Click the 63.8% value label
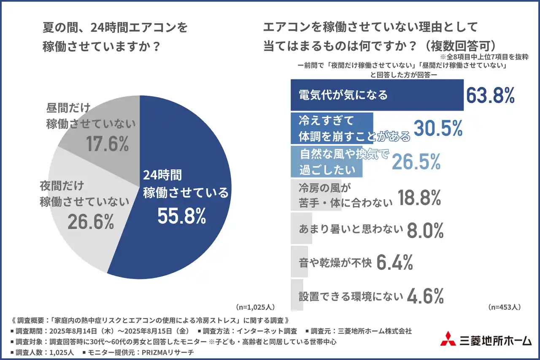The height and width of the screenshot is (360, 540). [490, 95]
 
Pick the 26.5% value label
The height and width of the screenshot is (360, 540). [416, 161]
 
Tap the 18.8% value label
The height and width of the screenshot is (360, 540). [419, 198]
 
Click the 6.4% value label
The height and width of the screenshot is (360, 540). [394, 263]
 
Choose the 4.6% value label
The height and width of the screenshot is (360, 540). [425, 296]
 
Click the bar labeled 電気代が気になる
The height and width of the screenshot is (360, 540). [377, 95]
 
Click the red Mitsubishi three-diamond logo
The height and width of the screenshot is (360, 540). [448, 339]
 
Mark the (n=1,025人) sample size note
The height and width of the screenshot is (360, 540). [256, 307]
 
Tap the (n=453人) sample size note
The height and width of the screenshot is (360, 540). [504, 307]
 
